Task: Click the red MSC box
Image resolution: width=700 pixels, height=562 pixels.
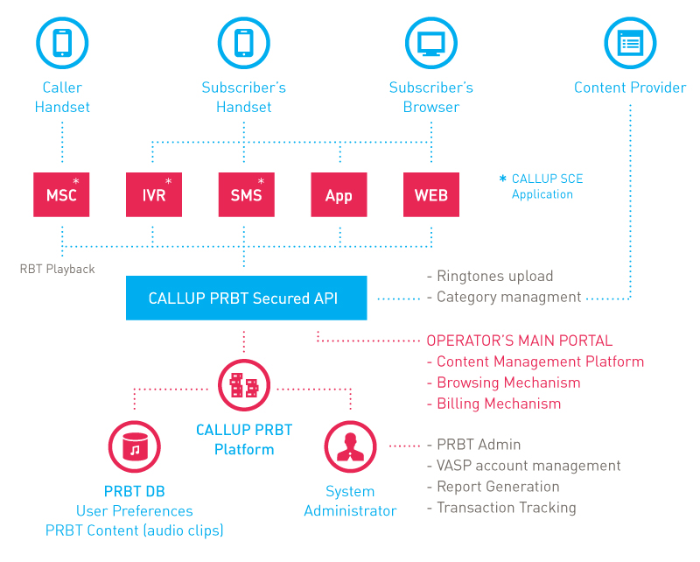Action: pos(61,195)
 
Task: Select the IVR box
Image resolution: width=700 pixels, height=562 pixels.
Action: pos(154,195)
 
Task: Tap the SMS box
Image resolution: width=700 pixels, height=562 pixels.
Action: pos(247,195)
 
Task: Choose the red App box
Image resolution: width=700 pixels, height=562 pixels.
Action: pos(339,195)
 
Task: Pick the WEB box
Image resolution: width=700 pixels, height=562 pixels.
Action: pos(431,195)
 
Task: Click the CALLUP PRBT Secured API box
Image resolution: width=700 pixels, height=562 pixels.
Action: pos(247,298)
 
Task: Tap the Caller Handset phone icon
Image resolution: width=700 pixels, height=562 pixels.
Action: pos(62,43)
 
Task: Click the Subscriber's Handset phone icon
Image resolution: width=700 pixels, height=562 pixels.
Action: pos(244,43)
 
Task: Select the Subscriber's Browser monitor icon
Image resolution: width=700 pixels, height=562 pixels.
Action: pos(431,43)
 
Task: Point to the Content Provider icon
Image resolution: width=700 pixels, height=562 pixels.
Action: pos(630,43)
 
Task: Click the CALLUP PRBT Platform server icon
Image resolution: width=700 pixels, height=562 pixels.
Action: pos(244,385)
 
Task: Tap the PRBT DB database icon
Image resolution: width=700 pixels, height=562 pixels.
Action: pos(135,446)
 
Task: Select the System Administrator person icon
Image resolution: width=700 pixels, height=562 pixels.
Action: pos(351,446)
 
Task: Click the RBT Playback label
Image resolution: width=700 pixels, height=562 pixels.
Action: pos(57,269)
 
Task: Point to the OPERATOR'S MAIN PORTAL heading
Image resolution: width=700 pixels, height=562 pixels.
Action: pos(519,341)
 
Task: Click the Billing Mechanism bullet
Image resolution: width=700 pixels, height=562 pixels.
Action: pos(493,404)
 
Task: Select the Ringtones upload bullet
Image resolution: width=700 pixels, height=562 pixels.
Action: pos(490,276)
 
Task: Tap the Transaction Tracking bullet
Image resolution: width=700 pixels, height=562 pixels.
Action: pos(501,508)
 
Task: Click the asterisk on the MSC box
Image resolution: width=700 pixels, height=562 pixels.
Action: pos(76,181)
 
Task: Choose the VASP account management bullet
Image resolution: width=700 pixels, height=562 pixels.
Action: pos(523,466)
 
